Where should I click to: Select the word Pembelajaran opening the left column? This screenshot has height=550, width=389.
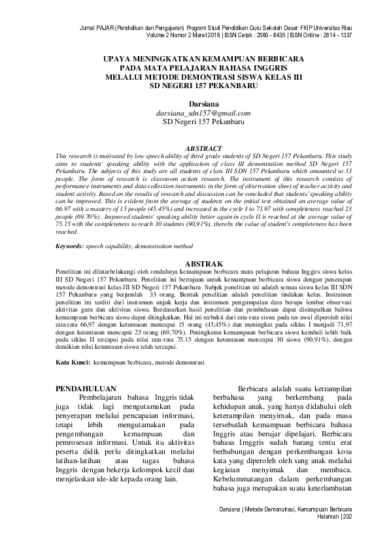[x=105, y=397]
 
